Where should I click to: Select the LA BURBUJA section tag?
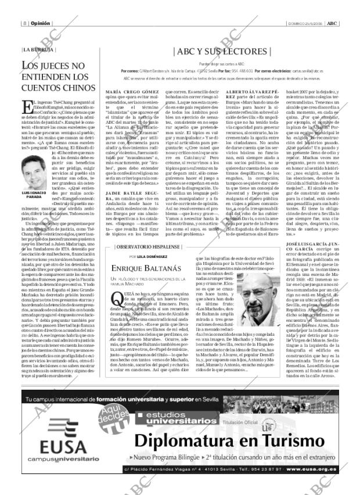pyautogui.click(x=37, y=49)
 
